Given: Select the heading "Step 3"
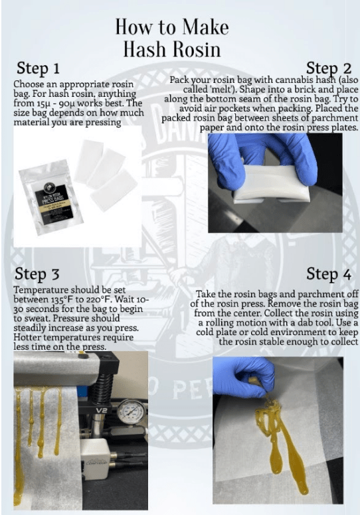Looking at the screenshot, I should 39,274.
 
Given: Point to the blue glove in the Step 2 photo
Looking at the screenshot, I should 266,150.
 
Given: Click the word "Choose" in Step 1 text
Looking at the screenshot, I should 28,85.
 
